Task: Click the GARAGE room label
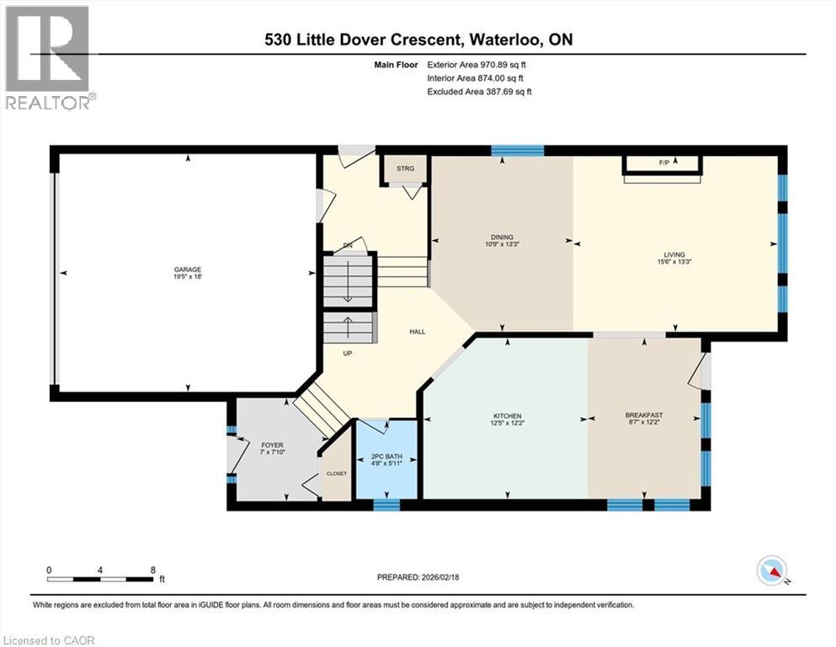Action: coord(188,270)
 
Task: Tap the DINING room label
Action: coord(503,238)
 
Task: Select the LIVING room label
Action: coord(674,255)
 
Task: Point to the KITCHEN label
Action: coord(508,416)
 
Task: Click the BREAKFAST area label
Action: coord(644,415)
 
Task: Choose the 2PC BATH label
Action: coord(386,457)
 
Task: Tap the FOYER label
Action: coord(272,446)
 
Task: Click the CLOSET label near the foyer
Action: coord(337,473)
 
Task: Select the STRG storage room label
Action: coord(405,168)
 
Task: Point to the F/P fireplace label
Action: coord(664,163)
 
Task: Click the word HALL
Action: coord(418,332)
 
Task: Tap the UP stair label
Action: coord(348,353)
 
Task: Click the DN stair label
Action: coord(348,246)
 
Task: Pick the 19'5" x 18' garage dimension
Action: coord(188,277)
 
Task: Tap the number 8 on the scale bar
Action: coord(153,569)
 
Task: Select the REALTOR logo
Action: coord(49,57)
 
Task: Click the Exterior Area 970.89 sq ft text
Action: coord(477,65)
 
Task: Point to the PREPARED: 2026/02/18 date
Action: coord(418,577)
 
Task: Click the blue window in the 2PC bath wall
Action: coord(386,505)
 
